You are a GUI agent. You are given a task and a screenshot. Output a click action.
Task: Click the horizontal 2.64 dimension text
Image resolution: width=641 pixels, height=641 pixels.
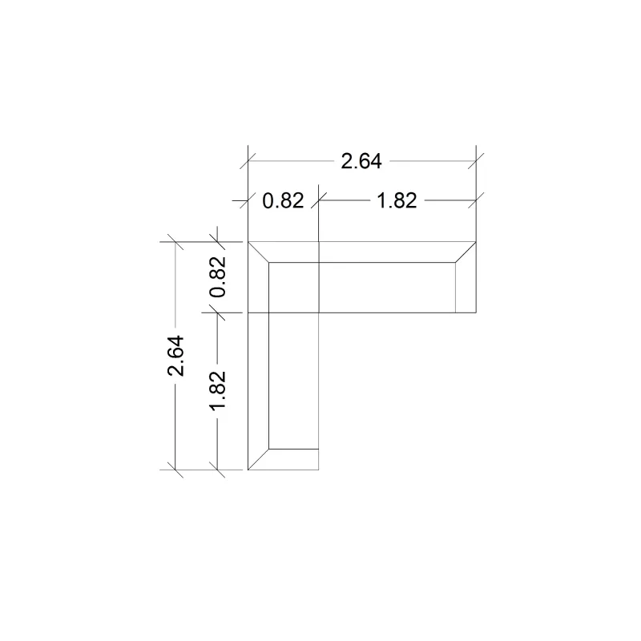click(361, 161)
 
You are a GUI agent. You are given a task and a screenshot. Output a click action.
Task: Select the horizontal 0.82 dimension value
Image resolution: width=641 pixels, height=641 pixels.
click(283, 201)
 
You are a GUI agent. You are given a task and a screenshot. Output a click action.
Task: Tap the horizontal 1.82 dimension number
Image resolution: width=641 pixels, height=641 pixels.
click(397, 201)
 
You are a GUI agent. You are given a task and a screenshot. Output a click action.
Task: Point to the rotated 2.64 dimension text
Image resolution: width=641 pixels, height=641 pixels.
click(175, 356)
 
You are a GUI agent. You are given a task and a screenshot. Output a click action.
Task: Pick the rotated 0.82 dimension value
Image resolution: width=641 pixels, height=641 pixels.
click(217, 276)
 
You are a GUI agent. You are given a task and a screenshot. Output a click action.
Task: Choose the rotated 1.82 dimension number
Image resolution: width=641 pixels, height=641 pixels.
click(217, 389)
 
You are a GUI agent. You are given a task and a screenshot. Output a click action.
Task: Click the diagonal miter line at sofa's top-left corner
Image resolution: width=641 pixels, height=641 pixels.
click(258, 252)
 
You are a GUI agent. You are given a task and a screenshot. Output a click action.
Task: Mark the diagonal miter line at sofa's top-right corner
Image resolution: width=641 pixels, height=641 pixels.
click(466, 252)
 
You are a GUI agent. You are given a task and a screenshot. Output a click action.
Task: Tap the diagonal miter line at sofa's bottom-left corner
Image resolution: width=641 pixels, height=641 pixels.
click(258, 459)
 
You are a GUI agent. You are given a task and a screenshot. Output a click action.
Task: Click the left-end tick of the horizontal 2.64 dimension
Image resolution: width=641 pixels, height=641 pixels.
click(248, 161)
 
